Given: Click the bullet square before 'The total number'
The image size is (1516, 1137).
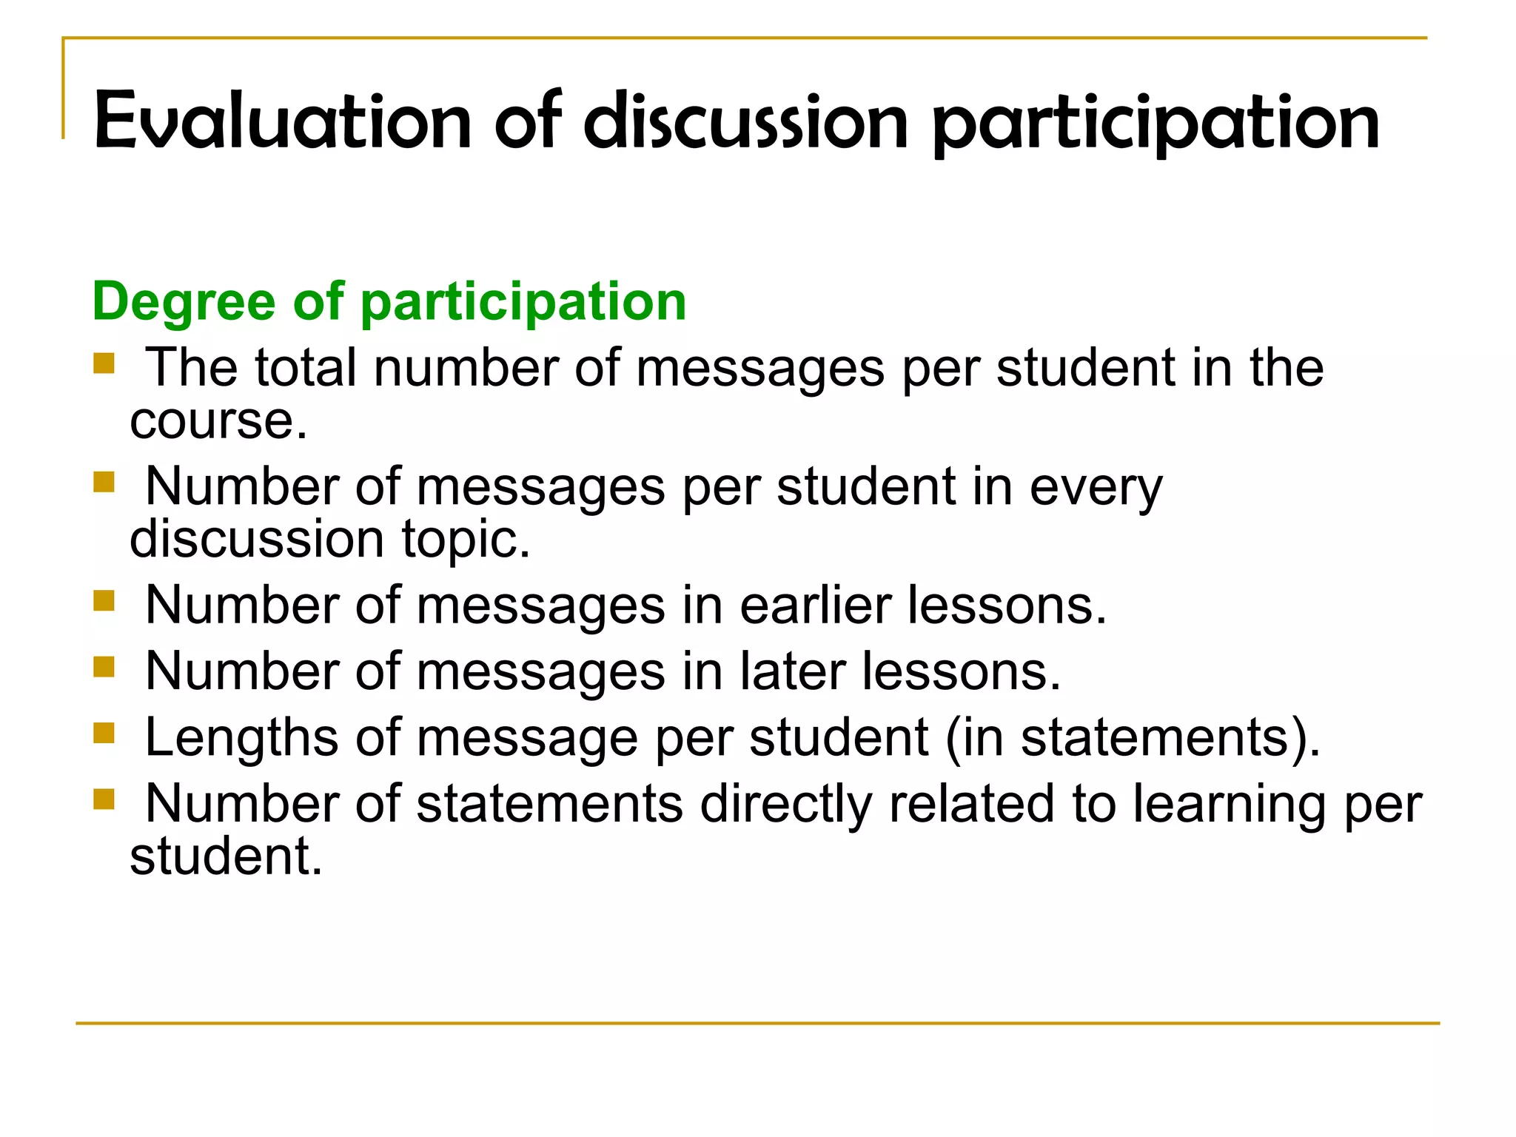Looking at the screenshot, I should pos(104,363).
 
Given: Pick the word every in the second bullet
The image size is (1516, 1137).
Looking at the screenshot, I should pos(1096,486).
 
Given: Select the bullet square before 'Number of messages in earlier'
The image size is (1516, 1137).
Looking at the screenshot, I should pos(104,600).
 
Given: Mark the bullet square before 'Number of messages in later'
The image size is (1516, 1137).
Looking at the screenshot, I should pos(104,667).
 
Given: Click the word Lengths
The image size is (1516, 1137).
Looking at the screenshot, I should pos(241,738).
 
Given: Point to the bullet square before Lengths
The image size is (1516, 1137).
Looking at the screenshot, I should pos(104,733).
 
